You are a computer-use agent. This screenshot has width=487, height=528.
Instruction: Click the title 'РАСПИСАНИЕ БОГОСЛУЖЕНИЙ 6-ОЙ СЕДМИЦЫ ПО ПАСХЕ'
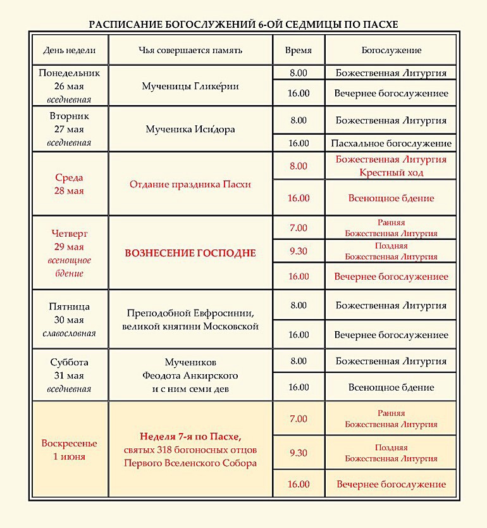click(x=243, y=25)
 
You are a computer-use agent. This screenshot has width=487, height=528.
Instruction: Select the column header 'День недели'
click(x=70, y=50)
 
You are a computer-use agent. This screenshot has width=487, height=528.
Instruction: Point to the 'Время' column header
click(x=298, y=50)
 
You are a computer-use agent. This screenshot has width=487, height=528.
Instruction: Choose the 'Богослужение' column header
click(x=391, y=50)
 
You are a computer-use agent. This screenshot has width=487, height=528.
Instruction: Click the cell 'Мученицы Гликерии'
click(x=190, y=86)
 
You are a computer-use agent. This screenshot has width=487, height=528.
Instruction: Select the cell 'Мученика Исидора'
click(x=190, y=129)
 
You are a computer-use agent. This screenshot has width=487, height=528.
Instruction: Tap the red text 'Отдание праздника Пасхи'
click(x=190, y=184)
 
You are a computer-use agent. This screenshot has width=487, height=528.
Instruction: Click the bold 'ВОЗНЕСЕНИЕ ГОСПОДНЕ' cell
click(x=190, y=253)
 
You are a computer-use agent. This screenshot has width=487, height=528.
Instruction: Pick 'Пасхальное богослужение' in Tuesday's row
click(x=391, y=143)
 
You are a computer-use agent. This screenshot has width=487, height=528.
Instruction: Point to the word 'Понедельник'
click(x=70, y=73)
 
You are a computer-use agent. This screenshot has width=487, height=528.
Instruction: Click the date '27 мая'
click(x=70, y=129)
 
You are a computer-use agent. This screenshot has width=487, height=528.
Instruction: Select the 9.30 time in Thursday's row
click(x=298, y=251)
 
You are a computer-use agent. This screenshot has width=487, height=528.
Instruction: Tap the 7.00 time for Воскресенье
click(x=298, y=418)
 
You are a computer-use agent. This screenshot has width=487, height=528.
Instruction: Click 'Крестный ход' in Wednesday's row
click(x=391, y=172)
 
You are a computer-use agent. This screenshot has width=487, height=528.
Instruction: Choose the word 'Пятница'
click(x=70, y=306)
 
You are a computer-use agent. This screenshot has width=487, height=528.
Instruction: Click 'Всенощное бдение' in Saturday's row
click(x=391, y=387)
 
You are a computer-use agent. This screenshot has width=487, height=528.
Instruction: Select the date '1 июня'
click(x=70, y=456)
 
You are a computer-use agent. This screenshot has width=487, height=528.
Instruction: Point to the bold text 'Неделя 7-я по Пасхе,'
click(x=190, y=437)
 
